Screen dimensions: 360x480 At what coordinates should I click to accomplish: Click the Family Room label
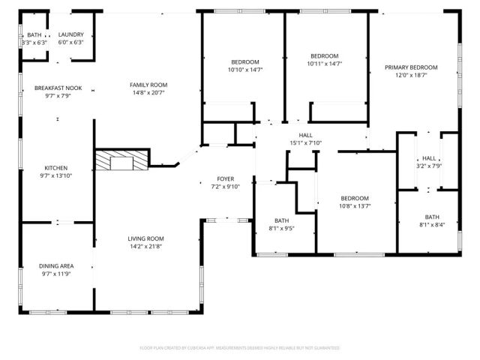(x=148, y=85)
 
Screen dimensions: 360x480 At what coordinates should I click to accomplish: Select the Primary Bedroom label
(x=411, y=67)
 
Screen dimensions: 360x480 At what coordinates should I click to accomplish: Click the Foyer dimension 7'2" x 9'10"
(x=225, y=187)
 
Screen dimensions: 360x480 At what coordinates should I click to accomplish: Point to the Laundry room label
(x=70, y=35)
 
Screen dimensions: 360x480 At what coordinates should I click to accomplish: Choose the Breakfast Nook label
(x=52, y=88)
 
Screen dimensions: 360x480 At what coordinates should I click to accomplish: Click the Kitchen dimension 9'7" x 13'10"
(x=56, y=175)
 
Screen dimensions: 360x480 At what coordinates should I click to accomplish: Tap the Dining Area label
(x=56, y=266)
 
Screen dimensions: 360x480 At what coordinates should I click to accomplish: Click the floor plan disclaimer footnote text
(x=240, y=348)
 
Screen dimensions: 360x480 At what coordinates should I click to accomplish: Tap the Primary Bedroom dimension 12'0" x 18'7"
(x=411, y=75)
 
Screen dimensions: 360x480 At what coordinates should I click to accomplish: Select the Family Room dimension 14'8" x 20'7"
(x=148, y=93)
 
